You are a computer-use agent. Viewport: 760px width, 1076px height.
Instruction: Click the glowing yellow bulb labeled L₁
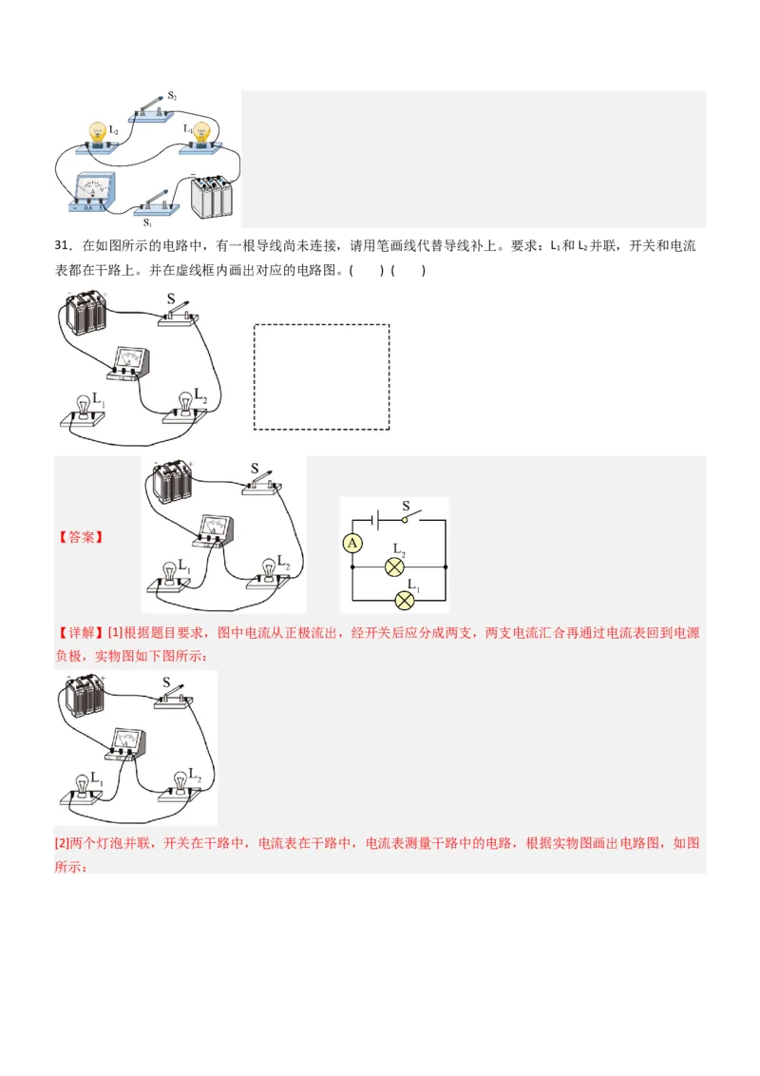201,131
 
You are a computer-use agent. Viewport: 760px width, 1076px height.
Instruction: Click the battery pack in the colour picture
211,194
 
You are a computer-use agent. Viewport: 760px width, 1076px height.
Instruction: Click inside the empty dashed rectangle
321,376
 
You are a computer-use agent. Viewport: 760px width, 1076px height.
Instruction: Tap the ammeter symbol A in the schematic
352,543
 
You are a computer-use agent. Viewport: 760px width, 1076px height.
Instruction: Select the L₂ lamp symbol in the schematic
394,567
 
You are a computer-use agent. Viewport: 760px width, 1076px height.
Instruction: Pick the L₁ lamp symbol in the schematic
405,600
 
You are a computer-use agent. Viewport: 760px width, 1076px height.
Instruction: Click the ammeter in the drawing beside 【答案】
216,529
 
